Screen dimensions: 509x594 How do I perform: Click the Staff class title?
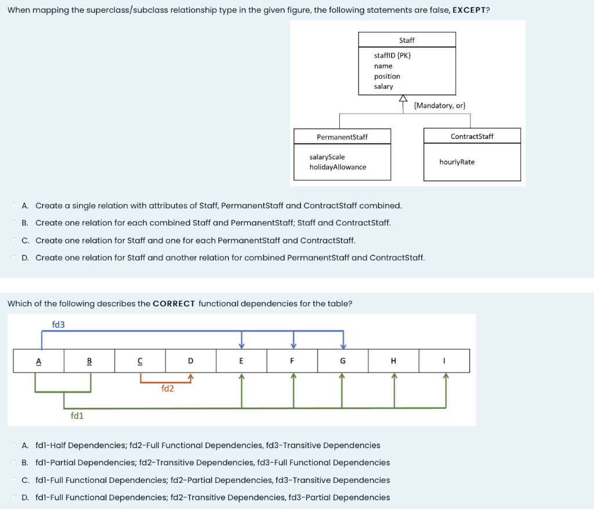click(407, 40)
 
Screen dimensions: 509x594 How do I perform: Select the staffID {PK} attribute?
click(393, 56)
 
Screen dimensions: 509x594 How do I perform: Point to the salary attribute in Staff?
click(383, 86)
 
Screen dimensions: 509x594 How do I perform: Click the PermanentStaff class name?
click(342, 137)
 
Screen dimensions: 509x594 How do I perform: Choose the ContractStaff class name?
click(472, 136)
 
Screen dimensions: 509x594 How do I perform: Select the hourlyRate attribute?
click(457, 162)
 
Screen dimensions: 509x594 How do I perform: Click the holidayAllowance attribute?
click(338, 167)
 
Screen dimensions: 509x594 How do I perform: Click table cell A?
click(39, 361)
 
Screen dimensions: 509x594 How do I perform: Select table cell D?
click(190, 361)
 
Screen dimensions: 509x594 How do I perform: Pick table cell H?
click(393, 361)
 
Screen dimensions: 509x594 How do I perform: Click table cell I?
click(444, 361)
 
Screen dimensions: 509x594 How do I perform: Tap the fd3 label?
click(59, 324)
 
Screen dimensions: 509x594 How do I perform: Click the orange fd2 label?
click(168, 388)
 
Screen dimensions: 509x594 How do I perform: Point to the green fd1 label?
click(77, 415)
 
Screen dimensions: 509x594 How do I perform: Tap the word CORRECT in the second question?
click(174, 303)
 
